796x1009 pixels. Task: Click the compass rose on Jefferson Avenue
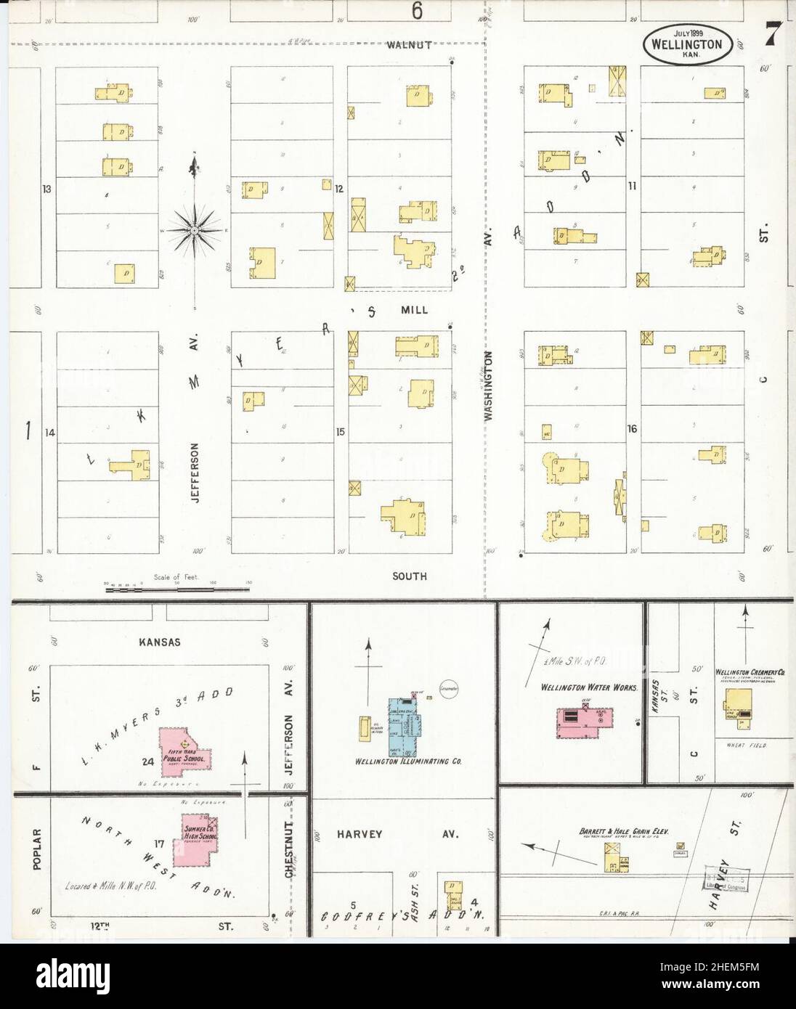pos(195,230)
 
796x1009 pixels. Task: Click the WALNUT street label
pos(409,45)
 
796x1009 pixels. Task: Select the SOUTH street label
pos(410,576)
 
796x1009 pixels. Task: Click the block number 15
pos(340,433)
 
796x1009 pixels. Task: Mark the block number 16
pos(632,429)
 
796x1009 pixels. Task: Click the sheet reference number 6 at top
pos(417,10)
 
